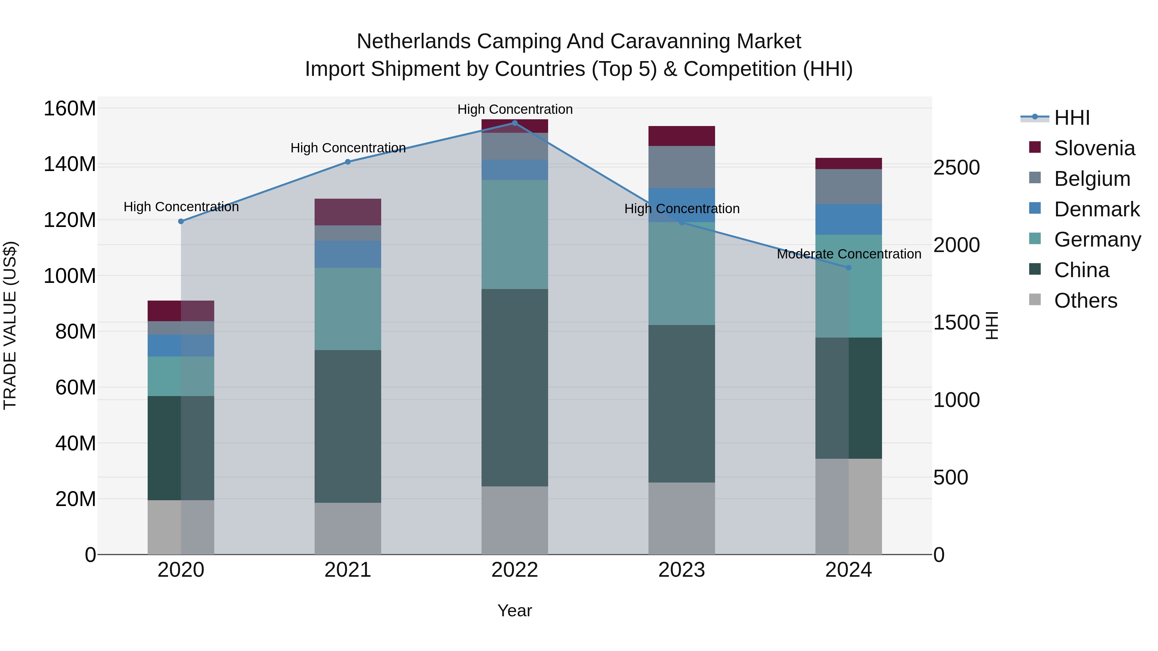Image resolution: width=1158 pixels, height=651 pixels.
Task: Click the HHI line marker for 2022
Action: (x=515, y=123)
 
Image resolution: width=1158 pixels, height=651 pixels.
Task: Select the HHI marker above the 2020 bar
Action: (x=181, y=222)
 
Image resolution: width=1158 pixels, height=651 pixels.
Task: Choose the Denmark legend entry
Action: (x=1097, y=209)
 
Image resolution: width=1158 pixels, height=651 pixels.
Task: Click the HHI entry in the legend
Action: (x=1072, y=118)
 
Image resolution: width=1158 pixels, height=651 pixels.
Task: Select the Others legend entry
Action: (x=1085, y=301)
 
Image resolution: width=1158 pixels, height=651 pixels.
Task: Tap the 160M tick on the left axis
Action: (x=70, y=109)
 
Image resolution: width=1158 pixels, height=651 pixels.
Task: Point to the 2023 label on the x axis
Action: (x=682, y=570)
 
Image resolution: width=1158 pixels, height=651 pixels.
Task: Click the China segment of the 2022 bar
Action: (x=515, y=387)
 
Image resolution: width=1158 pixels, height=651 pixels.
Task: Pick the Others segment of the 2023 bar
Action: (x=682, y=519)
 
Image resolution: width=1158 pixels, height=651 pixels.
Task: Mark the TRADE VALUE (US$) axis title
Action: (x=10, y=325)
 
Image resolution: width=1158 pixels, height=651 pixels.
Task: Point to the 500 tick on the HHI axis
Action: (x=950, y=478)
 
